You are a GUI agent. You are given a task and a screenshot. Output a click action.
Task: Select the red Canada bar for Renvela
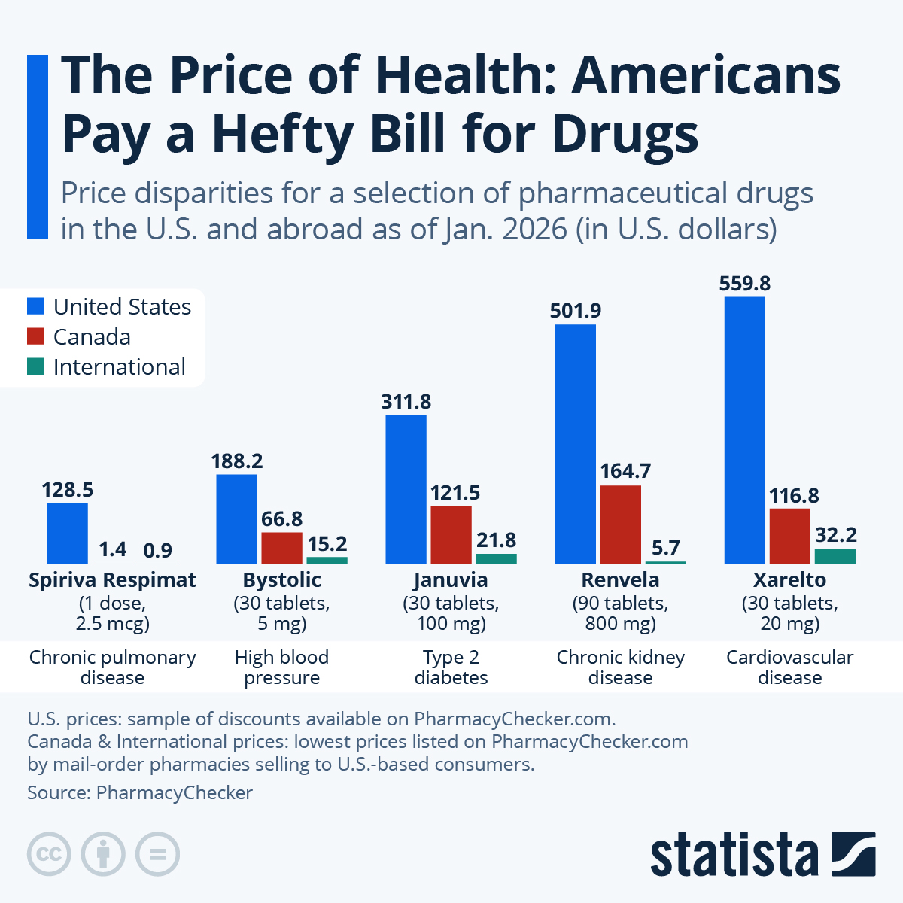tap(620, 524)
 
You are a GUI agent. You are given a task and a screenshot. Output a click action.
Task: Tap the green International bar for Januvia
tap(496, 558)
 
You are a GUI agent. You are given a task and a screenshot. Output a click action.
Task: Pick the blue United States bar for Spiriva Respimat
tap(67, 533)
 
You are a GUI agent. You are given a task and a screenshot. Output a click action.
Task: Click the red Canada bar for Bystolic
tap(281, 548)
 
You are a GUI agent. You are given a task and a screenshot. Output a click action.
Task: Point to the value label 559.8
tap(744, 284)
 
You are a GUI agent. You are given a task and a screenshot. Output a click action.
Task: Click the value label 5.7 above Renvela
tap(665, 548)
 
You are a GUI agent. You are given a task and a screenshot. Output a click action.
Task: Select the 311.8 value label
tap(406, 402)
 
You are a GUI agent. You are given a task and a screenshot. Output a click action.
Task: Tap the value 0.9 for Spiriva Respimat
tap(157, 551)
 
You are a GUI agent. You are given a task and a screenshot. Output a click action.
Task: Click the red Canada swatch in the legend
tap(35, 336)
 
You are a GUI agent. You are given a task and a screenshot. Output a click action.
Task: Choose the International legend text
tap(119, 367)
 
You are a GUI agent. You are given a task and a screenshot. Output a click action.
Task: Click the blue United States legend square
tap(35, 306)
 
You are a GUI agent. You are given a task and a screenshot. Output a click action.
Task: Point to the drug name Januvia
tap(451, 580)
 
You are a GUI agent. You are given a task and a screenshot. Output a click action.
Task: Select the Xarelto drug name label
tap(789, 580)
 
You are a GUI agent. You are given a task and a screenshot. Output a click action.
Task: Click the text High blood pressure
tap(281, 667)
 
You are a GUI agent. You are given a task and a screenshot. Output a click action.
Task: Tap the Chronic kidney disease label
tap(620, 667)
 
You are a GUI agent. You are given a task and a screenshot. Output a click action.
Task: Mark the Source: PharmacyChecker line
tap(140, 793)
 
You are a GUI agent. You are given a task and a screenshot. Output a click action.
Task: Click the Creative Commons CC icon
tap(49, 854)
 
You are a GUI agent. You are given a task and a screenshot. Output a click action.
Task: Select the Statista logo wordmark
tap(734, 855)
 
